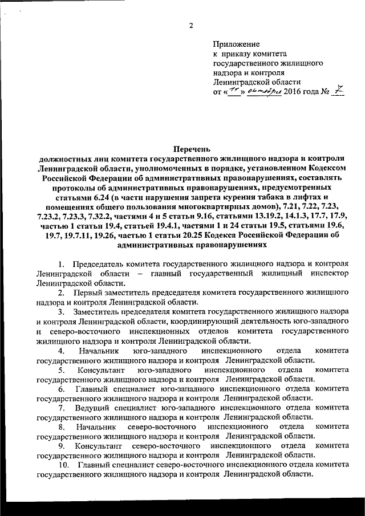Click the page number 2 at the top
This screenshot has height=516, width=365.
coord(191,24)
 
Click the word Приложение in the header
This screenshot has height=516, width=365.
coord(236,44)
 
